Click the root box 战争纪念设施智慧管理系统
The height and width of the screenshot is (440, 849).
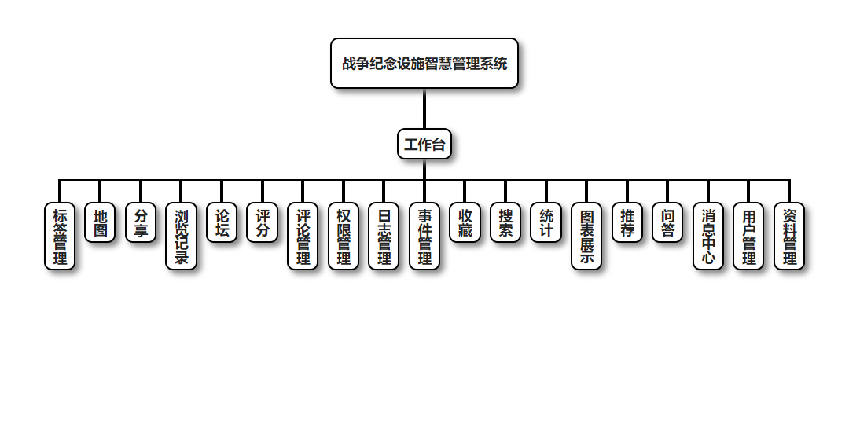point(424,64)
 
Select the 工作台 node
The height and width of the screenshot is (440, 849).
point(424,144)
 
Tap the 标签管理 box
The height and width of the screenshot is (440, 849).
point(60,236)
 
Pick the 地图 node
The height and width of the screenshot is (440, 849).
point(100,223)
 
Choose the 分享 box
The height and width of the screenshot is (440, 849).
point(141,223)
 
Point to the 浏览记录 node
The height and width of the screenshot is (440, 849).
point(181,236)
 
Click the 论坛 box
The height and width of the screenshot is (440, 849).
point(222,223)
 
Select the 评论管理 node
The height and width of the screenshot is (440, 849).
point(303,236)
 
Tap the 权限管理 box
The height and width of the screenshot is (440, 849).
point(344,236)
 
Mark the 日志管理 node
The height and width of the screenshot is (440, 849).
point(384,236)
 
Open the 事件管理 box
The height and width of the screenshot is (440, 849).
point(424,236)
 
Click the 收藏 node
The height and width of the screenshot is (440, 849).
point(465,223)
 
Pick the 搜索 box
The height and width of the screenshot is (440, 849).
point(505,223)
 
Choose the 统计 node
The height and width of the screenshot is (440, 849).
point(546,223)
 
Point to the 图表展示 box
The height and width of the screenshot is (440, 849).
point(586,236)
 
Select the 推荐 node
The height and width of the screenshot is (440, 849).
point(627,223)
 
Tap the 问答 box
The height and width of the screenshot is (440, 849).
point(667,223)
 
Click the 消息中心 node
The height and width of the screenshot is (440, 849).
point(708,236)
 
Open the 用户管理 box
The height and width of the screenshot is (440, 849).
point(748,236)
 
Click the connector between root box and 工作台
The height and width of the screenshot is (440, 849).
point(424,108)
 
